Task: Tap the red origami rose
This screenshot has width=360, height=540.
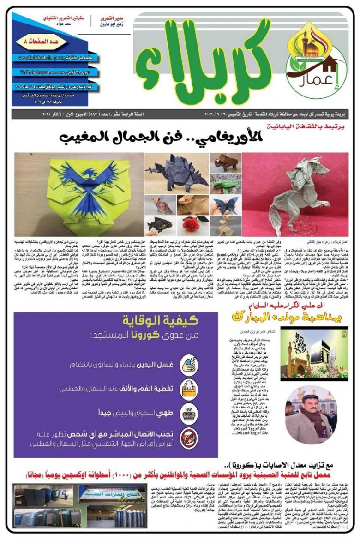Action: pyautogui.click(x=192, y=223)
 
